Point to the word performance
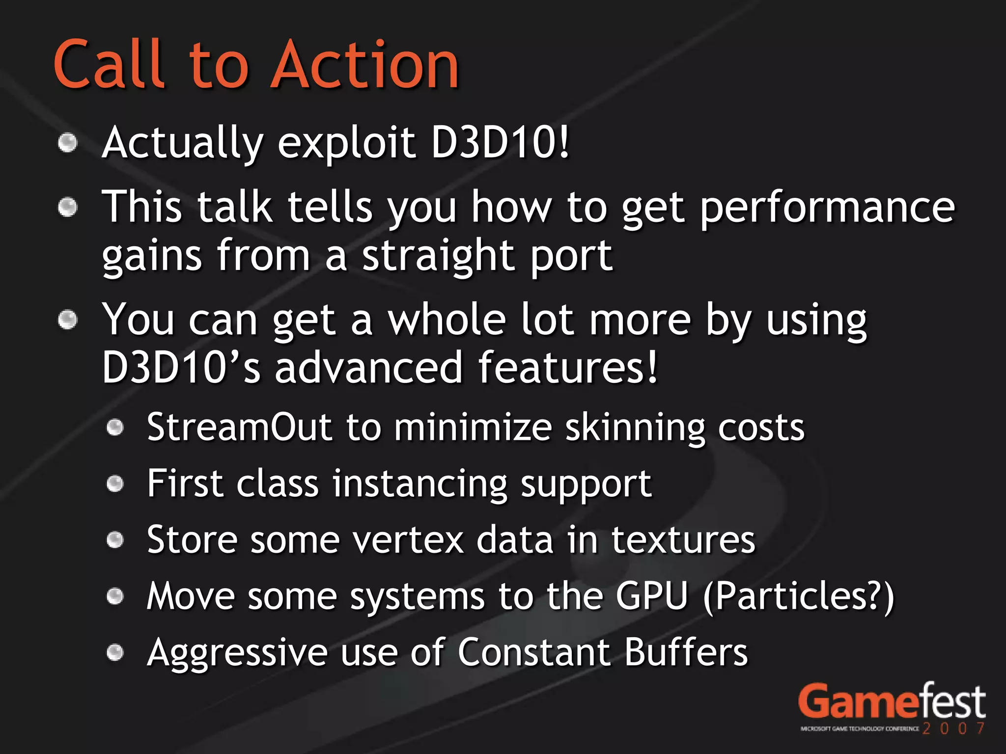pos(827,208)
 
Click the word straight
pos(438,256)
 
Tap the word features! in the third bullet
pos(567,368)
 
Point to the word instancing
pos(420,485)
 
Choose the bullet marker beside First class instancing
pos(115,484)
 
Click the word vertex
pos(408,540)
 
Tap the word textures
pos(683,540)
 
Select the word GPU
pos(651,596)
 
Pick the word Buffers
pos(686,652)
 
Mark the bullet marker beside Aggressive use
pos(115,653)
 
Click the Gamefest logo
pos(892,707)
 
